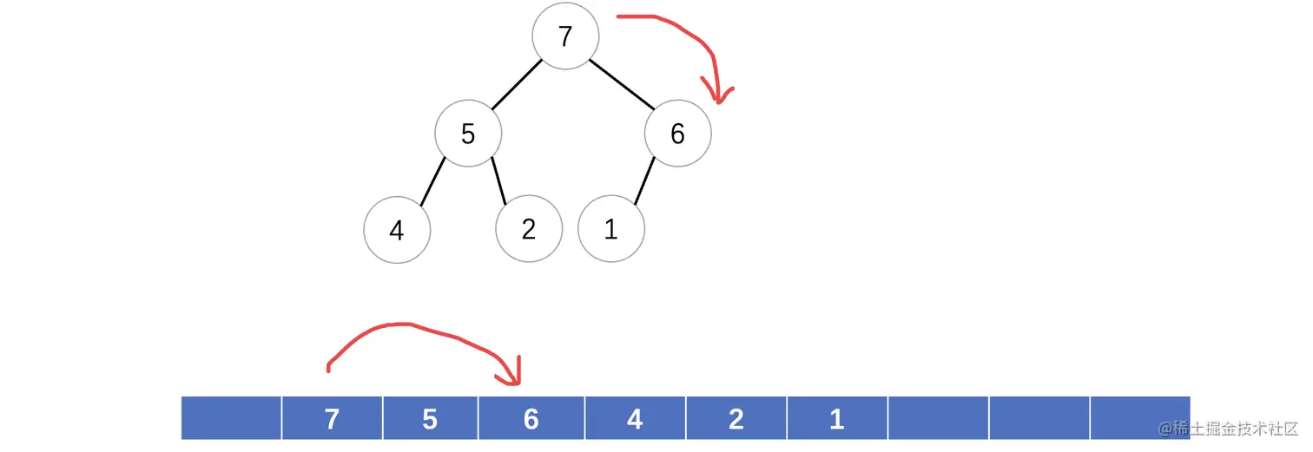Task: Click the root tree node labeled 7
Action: [x=565, y=37]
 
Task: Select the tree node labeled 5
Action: [x=468, y=134]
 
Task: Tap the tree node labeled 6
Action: [x=677, y=134]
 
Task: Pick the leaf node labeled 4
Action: [x=397, y=230]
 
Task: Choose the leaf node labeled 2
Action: [x=529, y=230]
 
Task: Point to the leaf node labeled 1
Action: [x=610, y=230]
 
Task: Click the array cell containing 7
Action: [x=331, y=419]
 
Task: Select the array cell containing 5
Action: [x=430, y=419]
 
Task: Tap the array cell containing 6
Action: [x=531, y=419]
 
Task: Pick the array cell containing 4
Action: [x=635, y=419]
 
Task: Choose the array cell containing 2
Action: [x=736, y=419]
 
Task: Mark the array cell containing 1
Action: [x=837, y=419]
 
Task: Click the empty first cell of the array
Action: [x=231, y=419]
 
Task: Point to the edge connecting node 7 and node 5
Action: [x=517, y=85]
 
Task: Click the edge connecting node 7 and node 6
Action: [x=622, y=85]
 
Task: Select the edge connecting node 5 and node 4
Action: [x=432, y=182]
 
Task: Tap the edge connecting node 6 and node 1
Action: [x=644, y=182]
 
